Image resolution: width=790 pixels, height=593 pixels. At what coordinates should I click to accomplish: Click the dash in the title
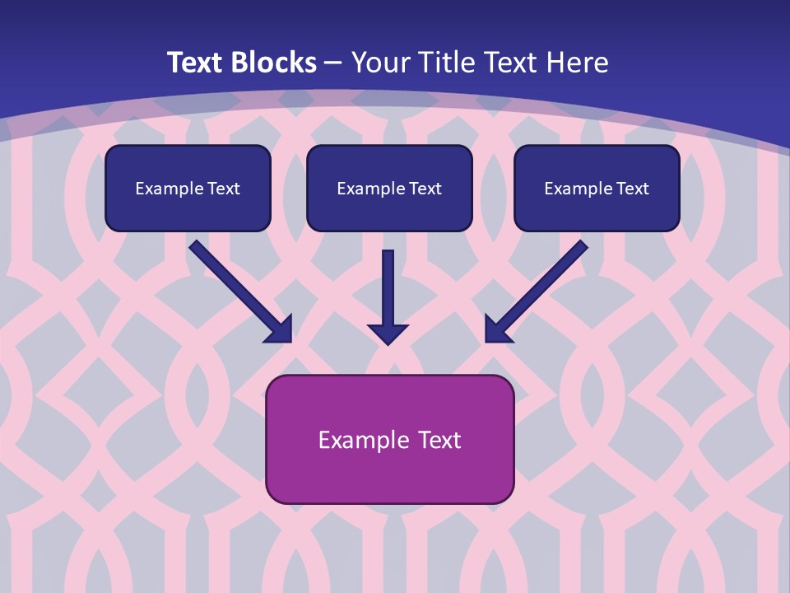[333, 63]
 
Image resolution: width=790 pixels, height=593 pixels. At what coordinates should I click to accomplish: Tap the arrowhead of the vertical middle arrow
[388, 333]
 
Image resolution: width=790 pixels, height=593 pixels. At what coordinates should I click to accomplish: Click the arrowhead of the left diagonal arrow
[280, 330]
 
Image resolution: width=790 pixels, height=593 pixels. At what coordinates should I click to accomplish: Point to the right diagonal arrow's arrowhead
[496, 330]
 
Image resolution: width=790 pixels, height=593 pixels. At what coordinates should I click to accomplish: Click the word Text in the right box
[632, 189]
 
